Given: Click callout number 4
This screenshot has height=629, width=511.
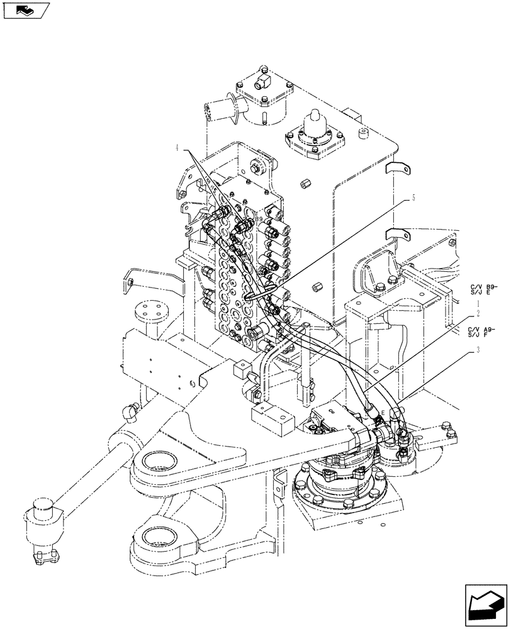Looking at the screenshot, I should pyautogui.click(x=178, y=148).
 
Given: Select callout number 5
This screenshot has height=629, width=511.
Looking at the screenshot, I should pyautogui.click(x=413, y=196).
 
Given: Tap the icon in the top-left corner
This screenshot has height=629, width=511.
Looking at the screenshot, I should pyautogui.click(x=26, y=9).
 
